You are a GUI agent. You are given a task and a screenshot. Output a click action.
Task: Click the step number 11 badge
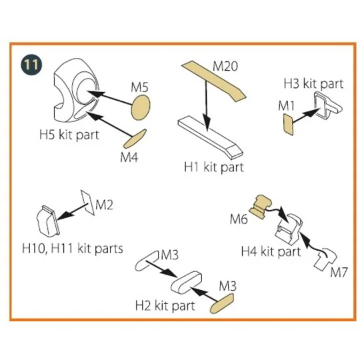point(31,65)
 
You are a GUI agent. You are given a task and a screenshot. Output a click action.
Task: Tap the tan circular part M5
point(141,108)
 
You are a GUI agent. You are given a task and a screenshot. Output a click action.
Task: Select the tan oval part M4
point(135,139)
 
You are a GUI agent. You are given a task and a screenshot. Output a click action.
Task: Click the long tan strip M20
point(214,81)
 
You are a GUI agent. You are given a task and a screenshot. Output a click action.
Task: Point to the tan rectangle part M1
point(289,125)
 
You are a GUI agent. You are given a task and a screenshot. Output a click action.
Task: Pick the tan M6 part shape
point(261,206)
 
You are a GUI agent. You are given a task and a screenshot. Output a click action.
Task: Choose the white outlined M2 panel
point(87,203)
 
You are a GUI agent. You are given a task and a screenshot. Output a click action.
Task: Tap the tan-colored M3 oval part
point(222,303)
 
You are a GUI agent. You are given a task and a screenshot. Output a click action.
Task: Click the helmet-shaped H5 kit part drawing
point(76,90)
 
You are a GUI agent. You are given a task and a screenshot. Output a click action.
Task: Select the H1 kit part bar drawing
point(210,137)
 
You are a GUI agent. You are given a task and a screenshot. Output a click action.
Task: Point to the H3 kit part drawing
point(328,105)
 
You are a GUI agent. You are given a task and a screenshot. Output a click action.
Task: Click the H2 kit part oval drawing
point(186,282)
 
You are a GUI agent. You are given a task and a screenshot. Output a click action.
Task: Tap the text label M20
point(225,67)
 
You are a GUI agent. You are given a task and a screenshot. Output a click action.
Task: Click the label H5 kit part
point(69,135)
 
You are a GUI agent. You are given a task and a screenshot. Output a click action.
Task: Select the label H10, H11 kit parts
point(73,249)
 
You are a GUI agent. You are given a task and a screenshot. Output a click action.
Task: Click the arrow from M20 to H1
point(207,106)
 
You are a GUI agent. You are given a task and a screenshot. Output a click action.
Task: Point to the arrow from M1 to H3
point(306,116)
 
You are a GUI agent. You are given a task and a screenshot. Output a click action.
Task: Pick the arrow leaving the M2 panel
point(71,212)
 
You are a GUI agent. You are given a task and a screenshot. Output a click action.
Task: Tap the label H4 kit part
point(271,251)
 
